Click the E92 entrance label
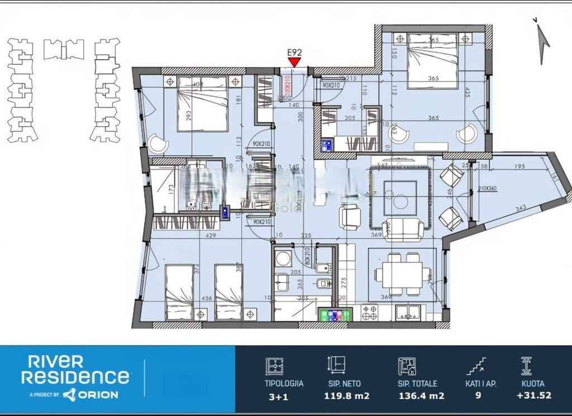point(294,52)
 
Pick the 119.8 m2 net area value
point(346,396)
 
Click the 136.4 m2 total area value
point(421,396)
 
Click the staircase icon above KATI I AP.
point(476,366)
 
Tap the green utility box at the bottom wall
point(335,315)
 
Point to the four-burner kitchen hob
point(370,312)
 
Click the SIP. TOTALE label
point(417,384)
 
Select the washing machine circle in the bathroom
point(283,259)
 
